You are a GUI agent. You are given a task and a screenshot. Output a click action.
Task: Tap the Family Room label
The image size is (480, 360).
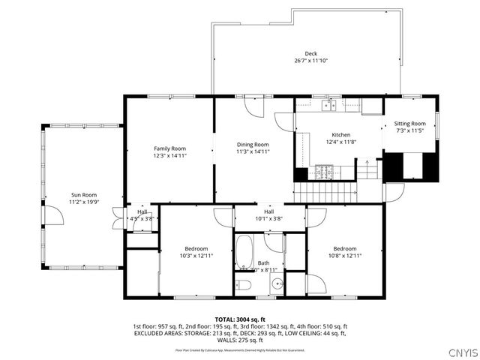click(169, 148)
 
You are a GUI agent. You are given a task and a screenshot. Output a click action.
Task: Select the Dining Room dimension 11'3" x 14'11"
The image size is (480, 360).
click(253, 151)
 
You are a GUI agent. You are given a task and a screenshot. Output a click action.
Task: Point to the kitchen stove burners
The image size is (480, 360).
click(323, 172)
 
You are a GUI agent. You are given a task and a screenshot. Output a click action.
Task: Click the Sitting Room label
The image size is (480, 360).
click(410, 124)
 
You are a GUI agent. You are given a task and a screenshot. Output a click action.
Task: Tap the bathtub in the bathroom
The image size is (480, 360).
click(244, 254)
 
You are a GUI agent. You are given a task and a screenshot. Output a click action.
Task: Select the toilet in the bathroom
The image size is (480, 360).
click(244, 284)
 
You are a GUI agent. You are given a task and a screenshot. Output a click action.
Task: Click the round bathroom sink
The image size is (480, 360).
click(277, 284)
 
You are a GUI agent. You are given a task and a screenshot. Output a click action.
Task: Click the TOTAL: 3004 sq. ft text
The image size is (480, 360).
click(240, 319)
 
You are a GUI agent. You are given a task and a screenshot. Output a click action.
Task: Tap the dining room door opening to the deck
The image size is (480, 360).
click(255, 106)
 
